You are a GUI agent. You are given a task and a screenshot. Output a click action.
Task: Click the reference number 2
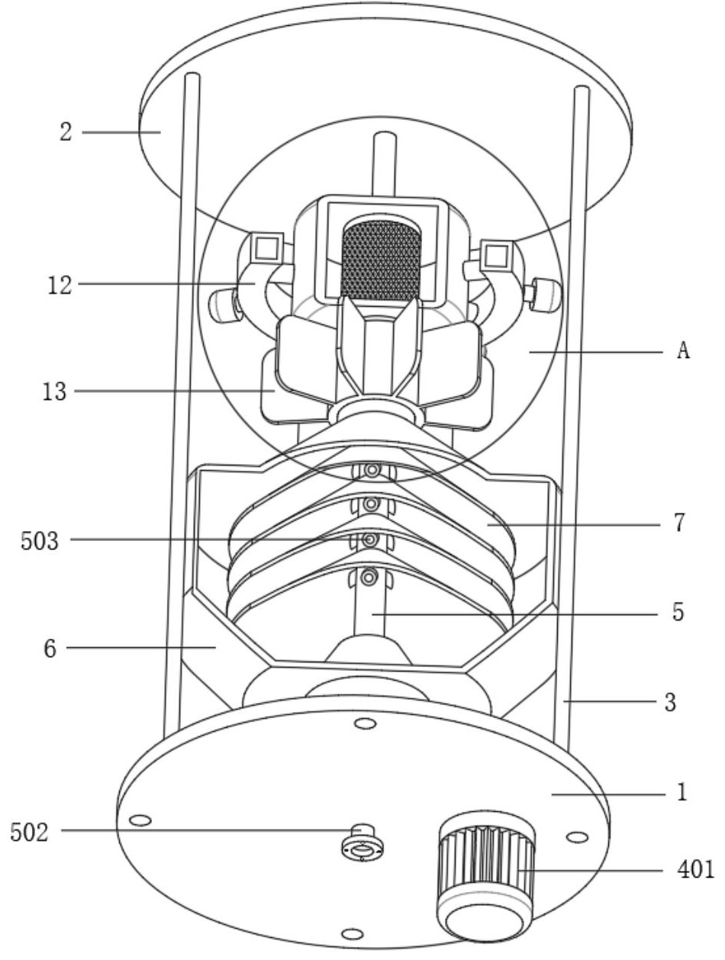(66, 132)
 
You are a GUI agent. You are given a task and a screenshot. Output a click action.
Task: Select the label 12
(60, 285)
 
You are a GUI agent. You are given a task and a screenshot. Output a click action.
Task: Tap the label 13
(55, 391)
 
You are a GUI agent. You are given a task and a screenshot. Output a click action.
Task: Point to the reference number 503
(40, 540)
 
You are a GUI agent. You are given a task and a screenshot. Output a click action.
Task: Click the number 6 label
(50, 648)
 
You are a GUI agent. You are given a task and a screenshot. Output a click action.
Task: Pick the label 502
(29, 832)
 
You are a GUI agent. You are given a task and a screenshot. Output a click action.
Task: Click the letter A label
(684, 350)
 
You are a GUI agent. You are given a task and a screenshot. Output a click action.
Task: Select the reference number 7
(679, 523)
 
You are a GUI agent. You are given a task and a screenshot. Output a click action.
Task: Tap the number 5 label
(678, 612)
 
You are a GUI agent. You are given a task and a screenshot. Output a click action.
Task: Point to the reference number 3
(670, 702)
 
